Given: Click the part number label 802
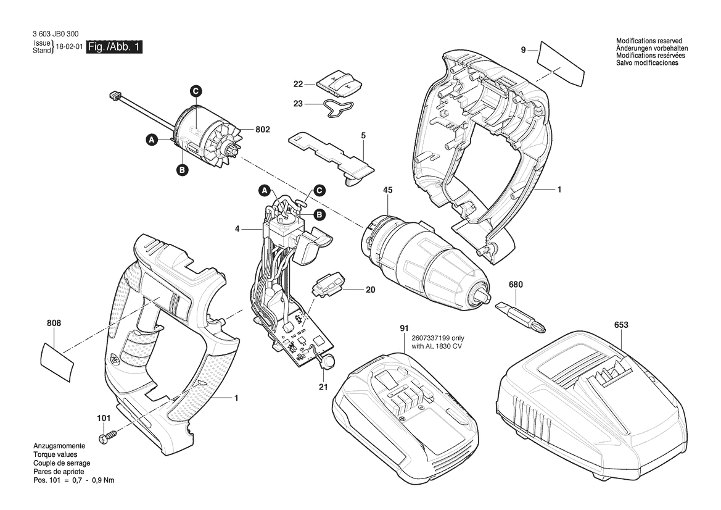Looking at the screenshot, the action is (263, 130).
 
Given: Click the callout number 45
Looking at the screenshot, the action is (387, 190).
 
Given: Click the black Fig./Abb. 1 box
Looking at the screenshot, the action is (115, 47).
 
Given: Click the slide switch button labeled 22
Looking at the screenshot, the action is (340, 83).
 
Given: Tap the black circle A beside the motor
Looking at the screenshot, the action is (151, 140).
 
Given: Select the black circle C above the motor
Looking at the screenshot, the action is (196, 91).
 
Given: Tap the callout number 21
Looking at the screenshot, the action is (323, 387).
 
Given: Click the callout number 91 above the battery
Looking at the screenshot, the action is (404, 328).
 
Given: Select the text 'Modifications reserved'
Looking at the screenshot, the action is (649, 41).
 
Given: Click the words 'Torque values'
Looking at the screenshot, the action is (55, 455).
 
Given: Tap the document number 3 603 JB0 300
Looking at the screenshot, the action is (56, 34).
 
